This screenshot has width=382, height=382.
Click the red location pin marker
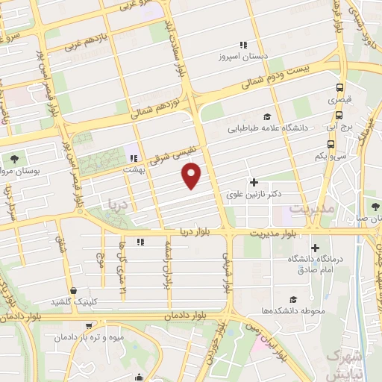click(x=192, y=176)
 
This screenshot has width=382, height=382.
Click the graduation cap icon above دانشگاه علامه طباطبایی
click(x=267, y=116)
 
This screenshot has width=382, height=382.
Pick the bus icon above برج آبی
click(x=339, y=115)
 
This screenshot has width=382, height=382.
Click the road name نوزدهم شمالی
click(x=155, y=108)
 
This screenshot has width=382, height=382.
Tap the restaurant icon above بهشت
click(x=134, y=157)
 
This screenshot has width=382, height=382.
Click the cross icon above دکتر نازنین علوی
click(x=254, y=181)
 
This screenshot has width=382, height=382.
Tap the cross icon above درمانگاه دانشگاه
click(x=314, y=248)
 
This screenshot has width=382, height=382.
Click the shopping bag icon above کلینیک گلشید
click(x=73, y=290)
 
